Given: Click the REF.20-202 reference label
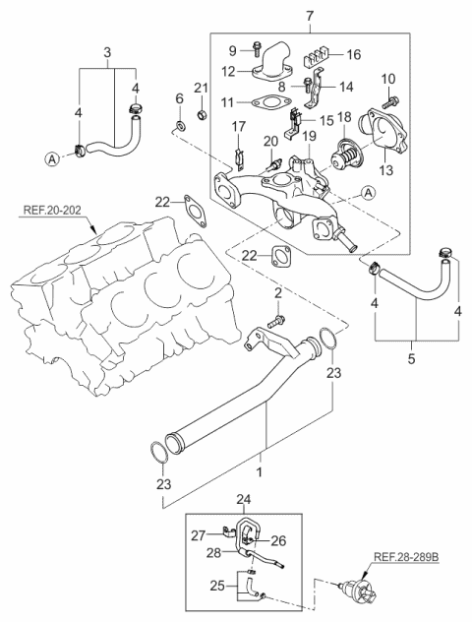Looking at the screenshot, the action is pos(52,210).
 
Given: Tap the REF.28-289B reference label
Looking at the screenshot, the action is pos(407,557).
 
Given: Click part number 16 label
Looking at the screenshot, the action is pos(354,54).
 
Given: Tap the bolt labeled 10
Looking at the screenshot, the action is pos(390,102).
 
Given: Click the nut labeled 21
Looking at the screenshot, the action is pos(202,115).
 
